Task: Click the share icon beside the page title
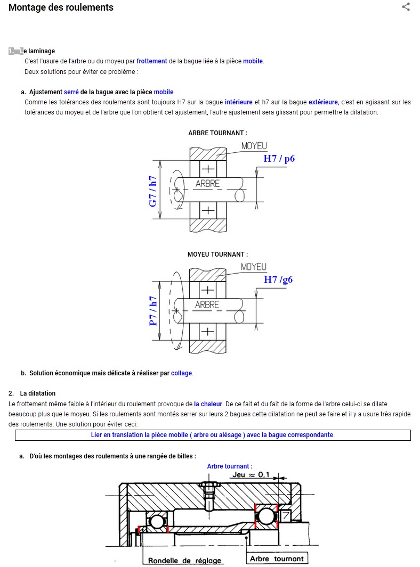click(x=406, y=7)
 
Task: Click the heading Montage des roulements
click(x=61, y=7)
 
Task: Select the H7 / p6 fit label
click(x=279, y=158)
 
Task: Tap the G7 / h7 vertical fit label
click(x=153, y=190)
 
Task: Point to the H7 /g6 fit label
click(x=278, y=280)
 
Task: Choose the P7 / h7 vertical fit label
click(x=153, y=311)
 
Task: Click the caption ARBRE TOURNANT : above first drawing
click(x=217, y=133)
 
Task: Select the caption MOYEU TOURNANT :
click(x=217, y=254)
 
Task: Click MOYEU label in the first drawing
click(x=254, y=145)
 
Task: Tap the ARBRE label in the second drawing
click(x=207, y=305)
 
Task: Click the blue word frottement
click(x=151, y=61)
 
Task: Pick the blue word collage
click(x=181, y=373)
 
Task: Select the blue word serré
click(x=71, y=92)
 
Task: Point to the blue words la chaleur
click(x=207, y=404)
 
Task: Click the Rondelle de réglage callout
click(x=184, y=561)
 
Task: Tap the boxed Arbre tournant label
click(x=277, y=558)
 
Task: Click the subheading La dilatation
click(x=37, y=393)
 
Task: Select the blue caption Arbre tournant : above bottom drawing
click(x=230, y=466)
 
